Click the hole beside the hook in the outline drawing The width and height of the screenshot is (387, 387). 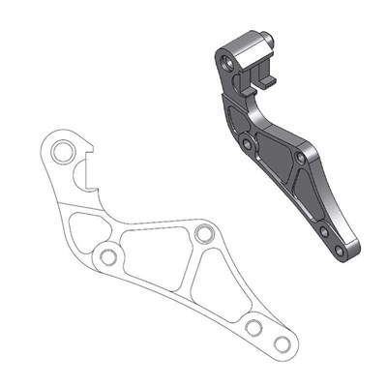63,152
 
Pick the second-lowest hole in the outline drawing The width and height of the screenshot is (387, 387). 253,327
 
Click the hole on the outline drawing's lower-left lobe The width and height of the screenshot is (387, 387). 107,257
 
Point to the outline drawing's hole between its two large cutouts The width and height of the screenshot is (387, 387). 203,234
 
